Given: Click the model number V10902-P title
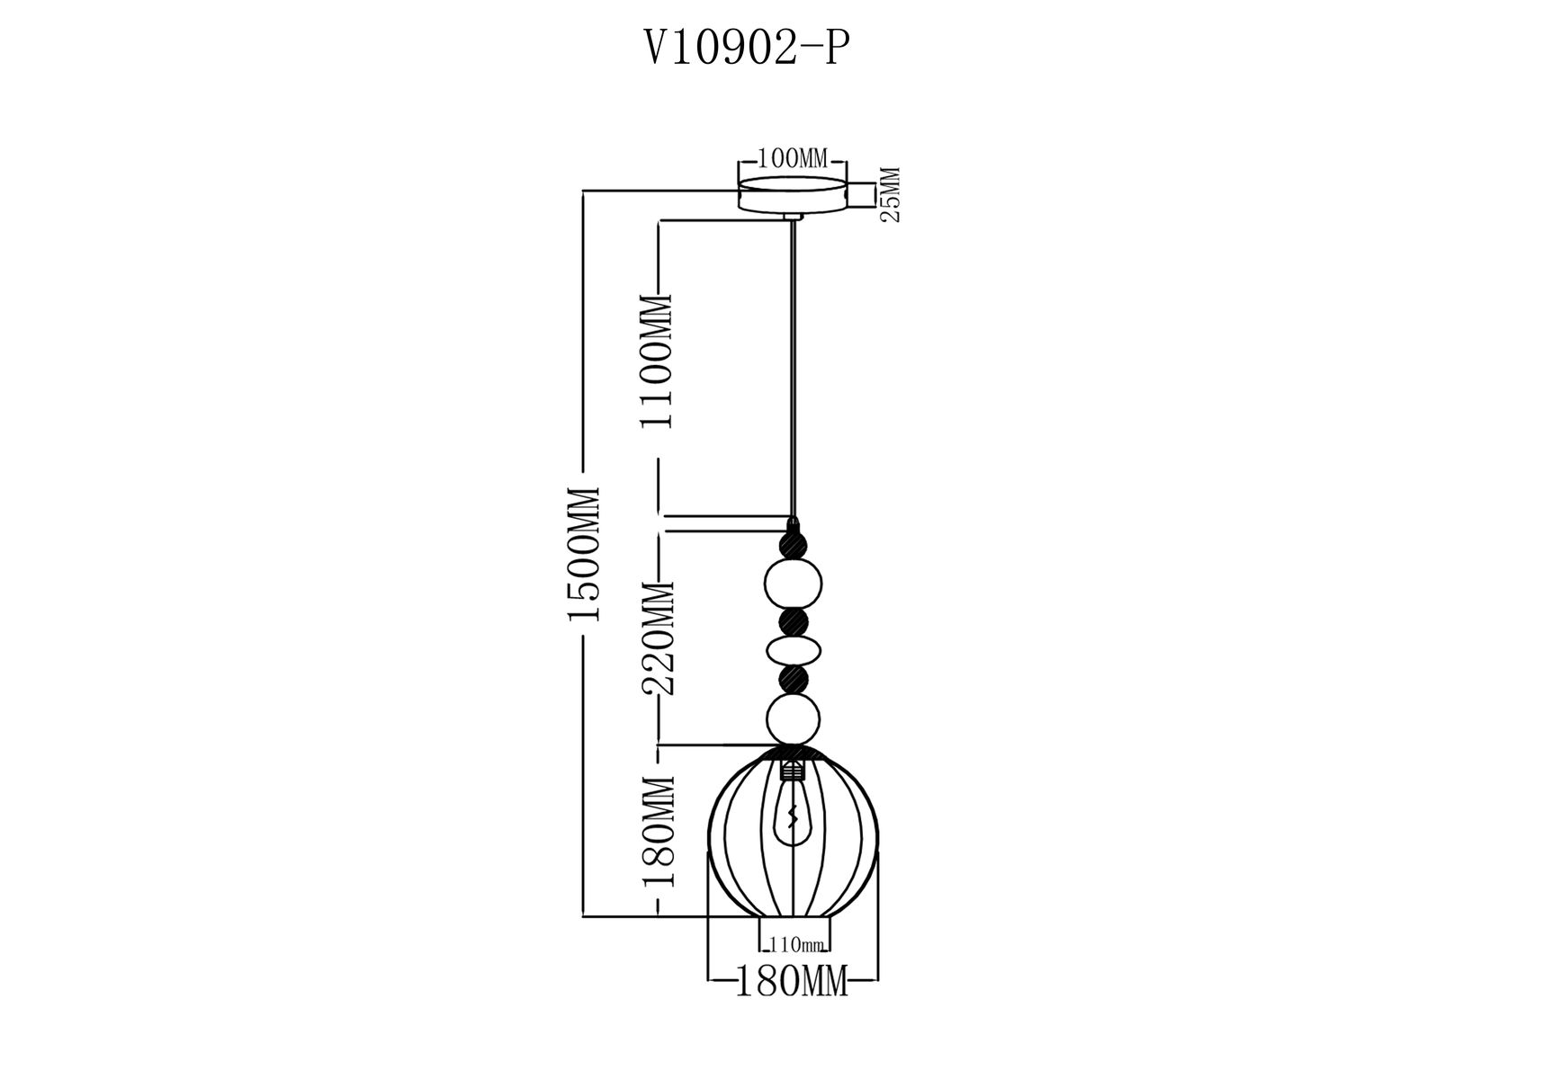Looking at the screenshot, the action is point(746,49).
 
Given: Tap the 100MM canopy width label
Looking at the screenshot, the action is point(792,159).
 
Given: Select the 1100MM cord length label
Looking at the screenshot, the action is point(659,361).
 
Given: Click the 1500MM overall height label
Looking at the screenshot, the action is point(584,554).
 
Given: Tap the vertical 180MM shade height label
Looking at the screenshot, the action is point(659,832).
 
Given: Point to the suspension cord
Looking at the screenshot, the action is point(793,369).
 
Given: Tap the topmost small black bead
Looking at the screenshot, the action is point(793,543).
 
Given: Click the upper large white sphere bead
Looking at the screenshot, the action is point(793,582).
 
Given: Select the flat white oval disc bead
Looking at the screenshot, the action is point(793,650).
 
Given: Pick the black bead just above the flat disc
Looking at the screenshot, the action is point(793,621).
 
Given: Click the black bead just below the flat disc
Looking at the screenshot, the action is point(793,679).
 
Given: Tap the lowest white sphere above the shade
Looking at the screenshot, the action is point(793,720).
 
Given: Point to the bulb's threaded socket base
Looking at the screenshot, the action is point(793,770).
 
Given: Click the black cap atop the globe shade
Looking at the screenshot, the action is point(793,753).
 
